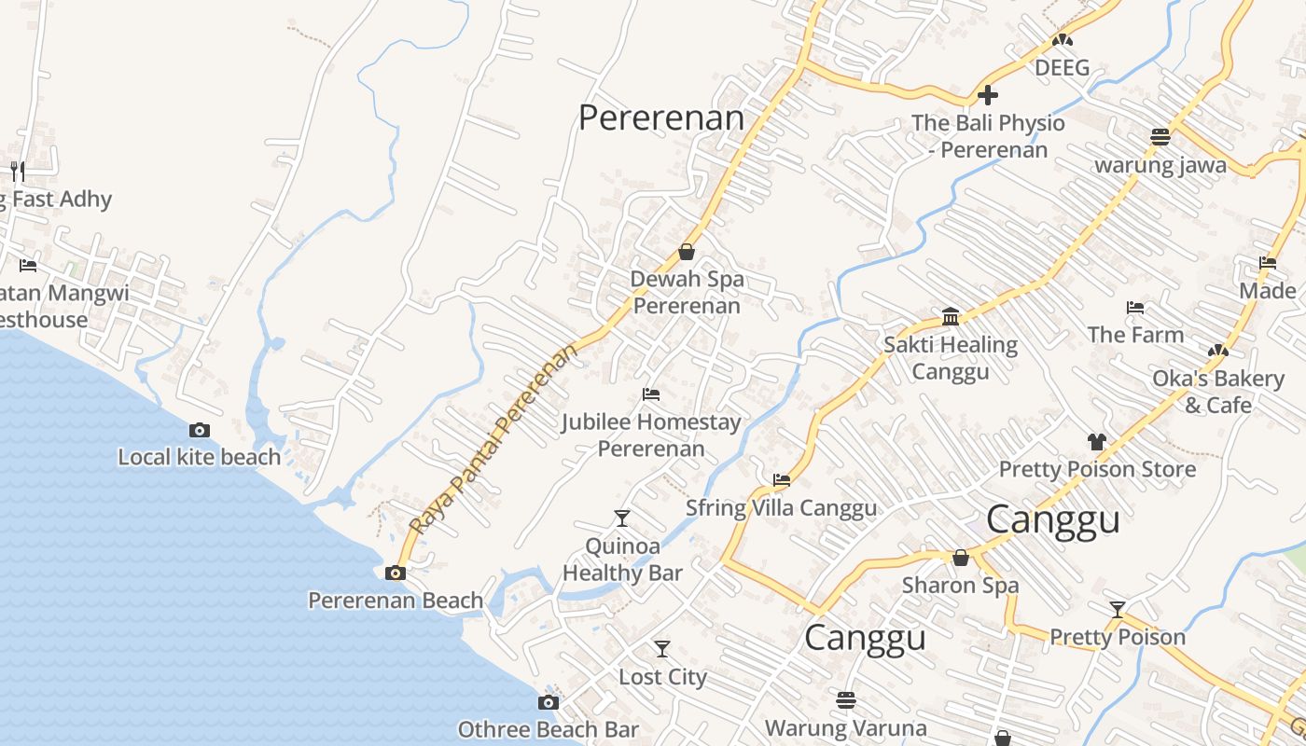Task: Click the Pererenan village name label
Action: [x=661, y=118]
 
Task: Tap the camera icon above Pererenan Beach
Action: [x=396, y=573]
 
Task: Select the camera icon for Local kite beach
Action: [x=199, y=430]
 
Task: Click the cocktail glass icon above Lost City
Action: [x=662, y=648]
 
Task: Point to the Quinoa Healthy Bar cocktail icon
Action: [x=622, y=518]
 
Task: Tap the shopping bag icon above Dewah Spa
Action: [x=687, y=252]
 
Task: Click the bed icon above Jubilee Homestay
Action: [x=651, y=394]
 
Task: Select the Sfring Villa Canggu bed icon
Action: [x=782, y=480]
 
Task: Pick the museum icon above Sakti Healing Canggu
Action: [x=951, y=317]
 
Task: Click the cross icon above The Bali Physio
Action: [x=988, y=95]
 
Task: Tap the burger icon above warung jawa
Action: [x=1160, y=137]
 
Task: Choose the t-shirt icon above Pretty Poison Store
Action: [x=1097, y=441]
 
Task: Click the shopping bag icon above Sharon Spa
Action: [x=961, y=558]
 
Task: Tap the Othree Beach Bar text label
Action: [x=549, y=729]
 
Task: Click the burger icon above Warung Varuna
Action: [x=846, y=699]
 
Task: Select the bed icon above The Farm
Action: [x=1135, y=307]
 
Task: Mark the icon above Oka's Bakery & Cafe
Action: [x=1217, y=351]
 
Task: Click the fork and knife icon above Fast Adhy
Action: [x=17, y=171]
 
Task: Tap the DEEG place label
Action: [x=1063, y=68]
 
